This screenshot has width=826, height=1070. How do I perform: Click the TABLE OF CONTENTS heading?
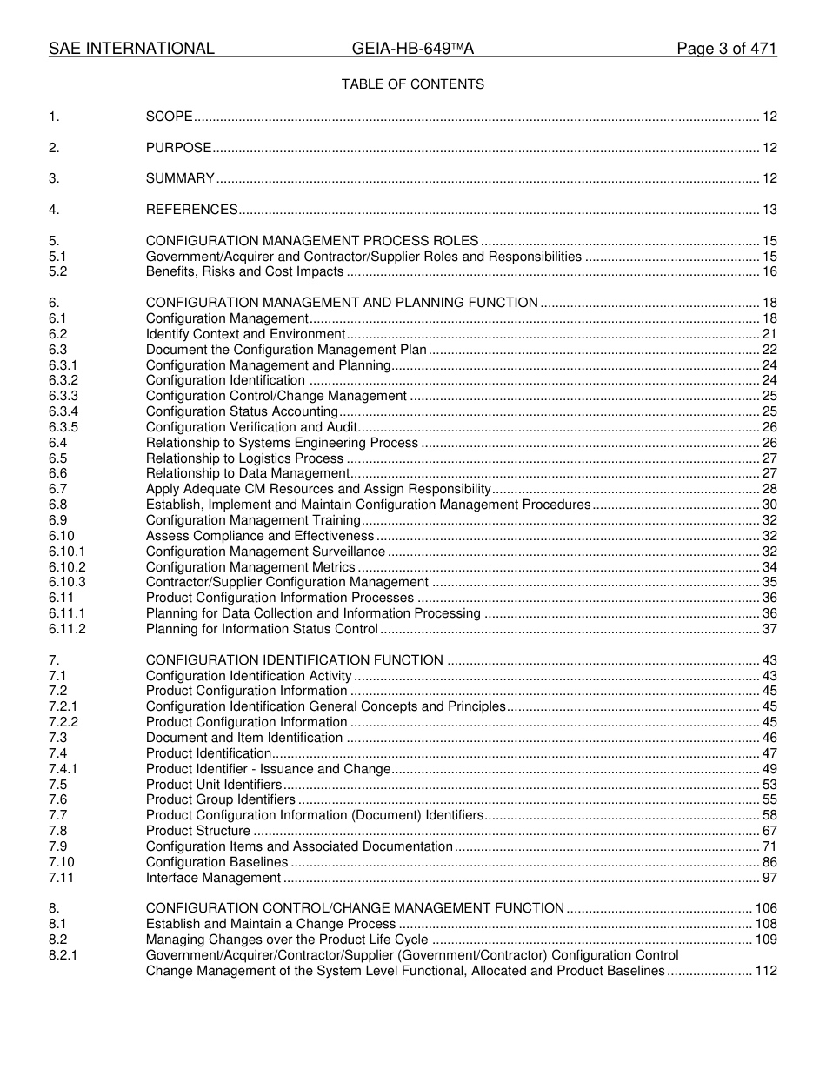point(412,84)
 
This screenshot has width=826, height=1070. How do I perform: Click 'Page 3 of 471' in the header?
point(726,49)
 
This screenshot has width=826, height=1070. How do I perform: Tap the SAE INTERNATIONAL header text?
point(131,49)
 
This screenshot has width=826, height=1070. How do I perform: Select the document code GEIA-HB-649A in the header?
point(412,49)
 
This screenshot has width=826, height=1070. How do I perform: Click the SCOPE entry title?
point(169,117)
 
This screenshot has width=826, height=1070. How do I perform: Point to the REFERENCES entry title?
point(191,210)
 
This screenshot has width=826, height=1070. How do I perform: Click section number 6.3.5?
point(63,427)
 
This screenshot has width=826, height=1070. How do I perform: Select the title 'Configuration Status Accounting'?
point(242,411)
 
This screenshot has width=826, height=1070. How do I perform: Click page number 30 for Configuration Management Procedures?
point(769,505)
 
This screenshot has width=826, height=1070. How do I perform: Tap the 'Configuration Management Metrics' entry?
point(250,567)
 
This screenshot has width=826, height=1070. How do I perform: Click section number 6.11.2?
point(67,629)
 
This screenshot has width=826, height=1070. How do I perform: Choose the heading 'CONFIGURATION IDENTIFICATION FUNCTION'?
point(295,660)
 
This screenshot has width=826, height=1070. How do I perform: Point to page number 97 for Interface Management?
point(769,878)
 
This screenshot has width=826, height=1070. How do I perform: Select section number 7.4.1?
point(63,769)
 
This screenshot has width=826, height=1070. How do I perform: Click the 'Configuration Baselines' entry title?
point(216,862)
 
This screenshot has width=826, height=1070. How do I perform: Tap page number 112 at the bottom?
point(766,971)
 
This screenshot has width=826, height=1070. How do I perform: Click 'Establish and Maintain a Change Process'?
point(271,924)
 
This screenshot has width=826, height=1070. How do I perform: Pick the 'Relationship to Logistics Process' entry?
point(244,458)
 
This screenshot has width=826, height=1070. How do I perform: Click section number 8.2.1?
point(63,955)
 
